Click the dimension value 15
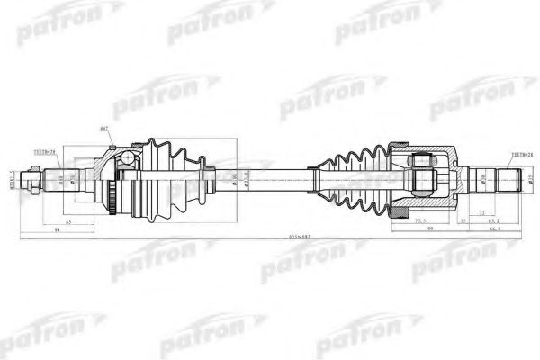[x=463, y=220]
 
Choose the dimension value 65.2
[x=492, y=220]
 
